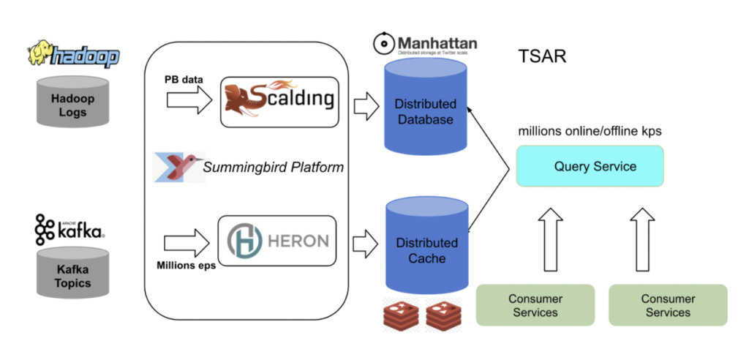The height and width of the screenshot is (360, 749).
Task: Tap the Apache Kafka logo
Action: tap(69, 229)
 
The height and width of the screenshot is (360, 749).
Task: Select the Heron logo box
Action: tap(279, 241)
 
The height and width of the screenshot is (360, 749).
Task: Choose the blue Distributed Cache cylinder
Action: tap(426, 250)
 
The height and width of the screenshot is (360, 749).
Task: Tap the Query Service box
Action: tap(590, 166)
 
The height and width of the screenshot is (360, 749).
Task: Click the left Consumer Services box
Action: tap(535, 305)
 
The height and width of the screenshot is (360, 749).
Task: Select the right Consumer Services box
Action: tap(667, 305)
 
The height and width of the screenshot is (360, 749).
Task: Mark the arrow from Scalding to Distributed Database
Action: tap(364, 107)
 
